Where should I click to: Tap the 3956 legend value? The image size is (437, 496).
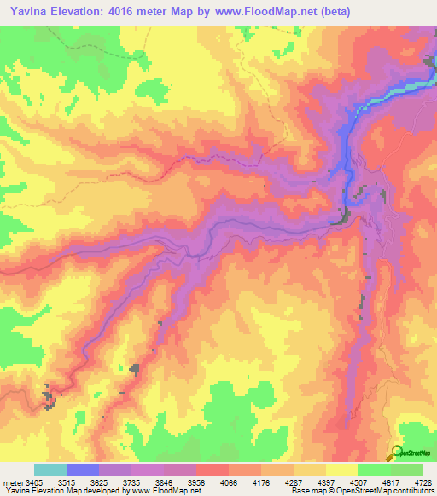(x=230, y=482)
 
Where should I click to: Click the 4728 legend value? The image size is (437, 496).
(x=421, y=482)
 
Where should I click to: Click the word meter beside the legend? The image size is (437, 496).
(x=13, y=482)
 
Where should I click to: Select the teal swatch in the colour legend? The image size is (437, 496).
(x=50, y=470)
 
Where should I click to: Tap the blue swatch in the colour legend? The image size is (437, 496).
(x=83, y=470)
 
